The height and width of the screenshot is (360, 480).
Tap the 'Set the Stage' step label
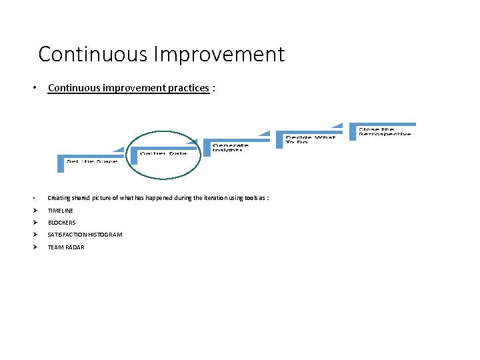click(91, 161)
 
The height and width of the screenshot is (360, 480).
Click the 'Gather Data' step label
click(163, 153)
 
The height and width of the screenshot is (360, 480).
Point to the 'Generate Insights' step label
click(231, 147)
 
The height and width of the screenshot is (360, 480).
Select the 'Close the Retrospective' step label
click(385, 131)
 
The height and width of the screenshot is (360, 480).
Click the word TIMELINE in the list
click(61, 211)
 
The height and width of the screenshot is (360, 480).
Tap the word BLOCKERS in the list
click(62, 223)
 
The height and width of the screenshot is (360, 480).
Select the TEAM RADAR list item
click(66, 247)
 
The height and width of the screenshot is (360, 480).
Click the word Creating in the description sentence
click(57, 198)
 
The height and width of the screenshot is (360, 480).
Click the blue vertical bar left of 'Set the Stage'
click(61, 165)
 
